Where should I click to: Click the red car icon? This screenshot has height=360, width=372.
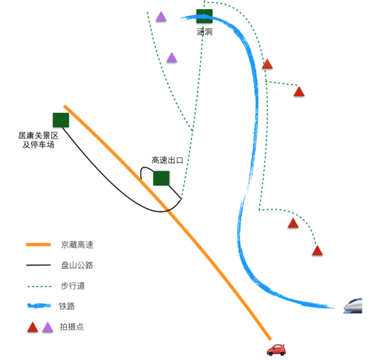pos(276,349)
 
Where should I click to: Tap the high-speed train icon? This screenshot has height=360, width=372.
pos(354,305)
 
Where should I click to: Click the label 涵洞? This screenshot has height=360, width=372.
pos(205,32)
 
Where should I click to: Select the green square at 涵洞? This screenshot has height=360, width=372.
pos(205,16)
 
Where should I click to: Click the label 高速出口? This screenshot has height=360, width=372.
pos(167,160)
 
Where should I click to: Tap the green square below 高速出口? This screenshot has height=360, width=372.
pos(161,178)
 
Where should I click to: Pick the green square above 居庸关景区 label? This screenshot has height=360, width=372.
pos(61,120)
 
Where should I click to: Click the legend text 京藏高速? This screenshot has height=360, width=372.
pos(77,245)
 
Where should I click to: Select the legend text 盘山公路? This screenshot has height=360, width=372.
pos(77,265)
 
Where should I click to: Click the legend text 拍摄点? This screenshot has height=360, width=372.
pos(71,327)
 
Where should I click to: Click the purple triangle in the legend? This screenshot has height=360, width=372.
pos(48,327)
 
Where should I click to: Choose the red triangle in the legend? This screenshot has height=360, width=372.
pos(33,327)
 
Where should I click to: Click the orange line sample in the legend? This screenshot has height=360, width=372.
pos(38,245)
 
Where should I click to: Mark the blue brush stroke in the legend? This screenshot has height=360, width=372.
pos(39,306)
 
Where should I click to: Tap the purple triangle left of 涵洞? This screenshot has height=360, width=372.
pos(161,17)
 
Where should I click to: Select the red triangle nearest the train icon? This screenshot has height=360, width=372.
pos(317,251)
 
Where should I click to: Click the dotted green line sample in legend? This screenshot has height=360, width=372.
pos(38,286)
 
